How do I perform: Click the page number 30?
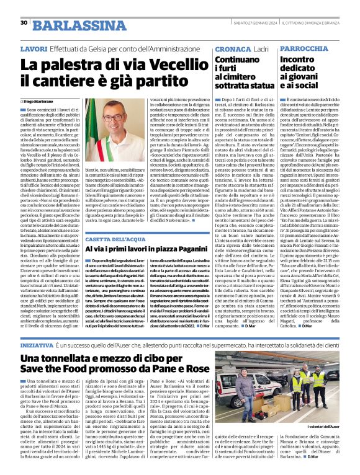24,23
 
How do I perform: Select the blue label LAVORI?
33,48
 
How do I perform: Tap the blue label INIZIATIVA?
38,344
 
